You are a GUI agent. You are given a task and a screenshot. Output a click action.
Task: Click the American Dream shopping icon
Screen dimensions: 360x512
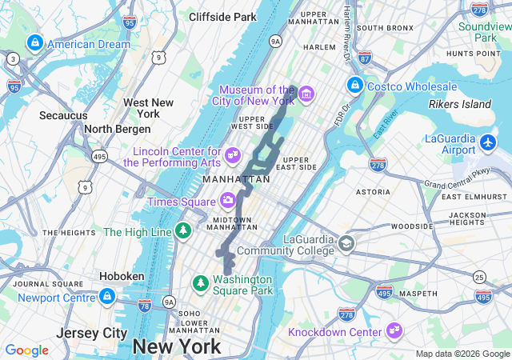[x=34, y=43]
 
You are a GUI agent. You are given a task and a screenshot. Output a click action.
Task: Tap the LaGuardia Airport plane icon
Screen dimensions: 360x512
[x=490, y=143]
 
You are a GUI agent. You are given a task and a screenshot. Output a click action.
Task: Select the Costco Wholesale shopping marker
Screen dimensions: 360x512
[x=354, y=85]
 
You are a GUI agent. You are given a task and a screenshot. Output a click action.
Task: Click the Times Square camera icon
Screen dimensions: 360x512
[x=228, y=200]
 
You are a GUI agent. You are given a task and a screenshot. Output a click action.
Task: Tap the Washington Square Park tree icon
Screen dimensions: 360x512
[x=200, y=282]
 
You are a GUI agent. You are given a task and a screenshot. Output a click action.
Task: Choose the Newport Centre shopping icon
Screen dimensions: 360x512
[x=106, y=298]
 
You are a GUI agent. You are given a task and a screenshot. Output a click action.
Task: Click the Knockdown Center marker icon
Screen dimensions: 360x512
[x=394, y=330]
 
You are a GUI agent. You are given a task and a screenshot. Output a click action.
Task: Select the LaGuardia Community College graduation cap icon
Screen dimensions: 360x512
[x=346, y=243]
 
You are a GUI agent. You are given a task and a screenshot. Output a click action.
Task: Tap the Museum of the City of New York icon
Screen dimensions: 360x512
[x=306, y=95]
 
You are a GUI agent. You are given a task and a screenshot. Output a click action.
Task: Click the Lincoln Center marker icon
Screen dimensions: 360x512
[x=233, y=153]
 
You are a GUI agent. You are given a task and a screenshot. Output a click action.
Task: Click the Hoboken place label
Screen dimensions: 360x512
[x=122, y=276]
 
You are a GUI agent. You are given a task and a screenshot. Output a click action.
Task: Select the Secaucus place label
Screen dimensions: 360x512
[x=63, y=115]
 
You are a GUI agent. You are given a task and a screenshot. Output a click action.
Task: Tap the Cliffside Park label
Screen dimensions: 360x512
[x=222, y=16]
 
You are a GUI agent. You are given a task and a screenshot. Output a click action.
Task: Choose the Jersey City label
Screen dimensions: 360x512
[x=92, y=332]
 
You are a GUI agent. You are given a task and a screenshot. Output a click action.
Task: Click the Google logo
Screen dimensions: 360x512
[x=27, y=350]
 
